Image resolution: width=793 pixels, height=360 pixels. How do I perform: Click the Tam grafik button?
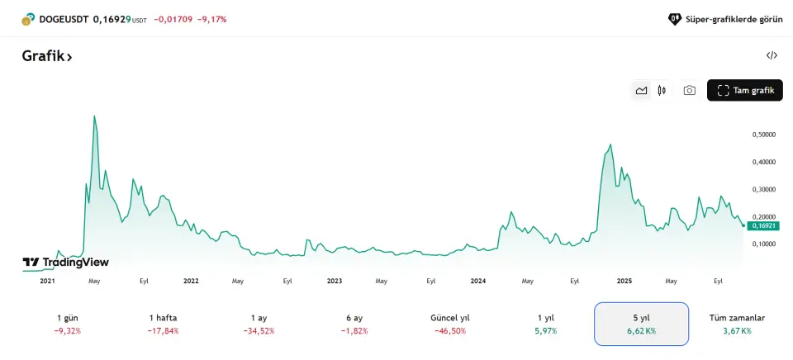tap(744, 90)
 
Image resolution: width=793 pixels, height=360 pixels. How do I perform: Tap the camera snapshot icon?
tap(689, 90)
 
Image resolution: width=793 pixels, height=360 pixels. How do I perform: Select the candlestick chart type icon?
tap(662, 90)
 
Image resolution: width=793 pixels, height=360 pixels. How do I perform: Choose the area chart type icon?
tap(641, 90)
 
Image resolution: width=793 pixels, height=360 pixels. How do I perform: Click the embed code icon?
tap(772, 55)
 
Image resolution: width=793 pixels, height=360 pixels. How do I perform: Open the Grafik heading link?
tap(47, 56)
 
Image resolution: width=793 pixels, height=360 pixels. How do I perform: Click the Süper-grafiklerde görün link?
tap(724, 18)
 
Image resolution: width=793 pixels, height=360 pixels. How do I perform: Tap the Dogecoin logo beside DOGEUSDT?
tap(28, 18)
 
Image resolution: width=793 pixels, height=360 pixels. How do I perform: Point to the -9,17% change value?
tap(211, 18)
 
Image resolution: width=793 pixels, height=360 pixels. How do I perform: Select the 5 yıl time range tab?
tap(641, 324)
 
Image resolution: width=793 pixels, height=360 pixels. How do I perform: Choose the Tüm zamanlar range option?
tap(737, 324)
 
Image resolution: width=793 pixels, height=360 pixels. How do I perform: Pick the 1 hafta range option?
tap(164, 324)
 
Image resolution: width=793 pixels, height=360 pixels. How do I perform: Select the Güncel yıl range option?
tap(450, 324)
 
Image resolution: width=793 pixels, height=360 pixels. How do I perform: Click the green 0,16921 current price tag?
tap(762, 225)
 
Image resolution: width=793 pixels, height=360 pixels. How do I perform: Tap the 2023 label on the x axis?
tap(335, 281)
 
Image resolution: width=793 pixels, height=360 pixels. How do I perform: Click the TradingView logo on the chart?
tap(66, 262)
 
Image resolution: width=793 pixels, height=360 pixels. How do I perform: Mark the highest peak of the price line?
tap(94, 116)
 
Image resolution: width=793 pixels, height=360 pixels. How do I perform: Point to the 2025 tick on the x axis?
tap(624, 281)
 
